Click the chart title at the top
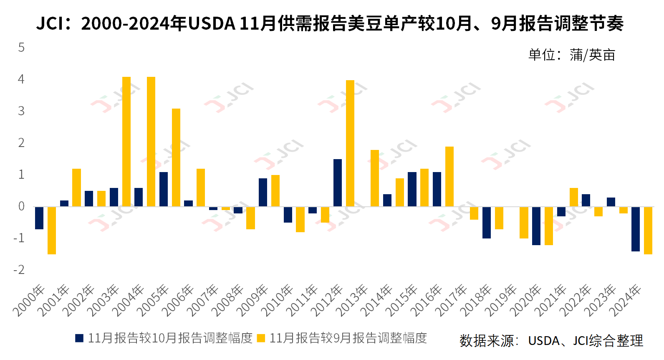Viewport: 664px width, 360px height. [x=330, y=23]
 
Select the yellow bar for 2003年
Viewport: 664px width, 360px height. [x=126, y=142]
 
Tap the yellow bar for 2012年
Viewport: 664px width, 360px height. [x=350, y=143]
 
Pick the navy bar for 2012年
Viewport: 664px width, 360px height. [x=338, y=183]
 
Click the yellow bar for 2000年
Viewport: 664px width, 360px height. [x=52, y=230]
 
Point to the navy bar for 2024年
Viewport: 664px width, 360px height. [x=636, y=229]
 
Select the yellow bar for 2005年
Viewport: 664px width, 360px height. [x=176, y=157]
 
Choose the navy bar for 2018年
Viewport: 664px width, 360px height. [x=487, y=222]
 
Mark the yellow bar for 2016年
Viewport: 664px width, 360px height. [x=449, y=176]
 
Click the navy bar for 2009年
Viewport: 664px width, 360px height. [x=263, y=192]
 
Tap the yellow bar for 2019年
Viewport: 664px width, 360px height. [x=524, y=222]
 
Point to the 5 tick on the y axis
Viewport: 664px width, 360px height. [x=21, y=48]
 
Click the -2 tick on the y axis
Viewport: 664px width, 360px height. [x=19, y=270]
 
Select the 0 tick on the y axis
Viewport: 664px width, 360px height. [x=21, y=206]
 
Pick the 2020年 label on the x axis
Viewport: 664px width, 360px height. [x=526, y=300]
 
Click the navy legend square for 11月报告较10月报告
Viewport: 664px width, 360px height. [x=79, y=338]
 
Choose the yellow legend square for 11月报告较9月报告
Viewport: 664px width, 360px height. [x=261, y=338]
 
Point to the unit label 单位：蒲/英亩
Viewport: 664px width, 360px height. [x=571, y=55]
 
